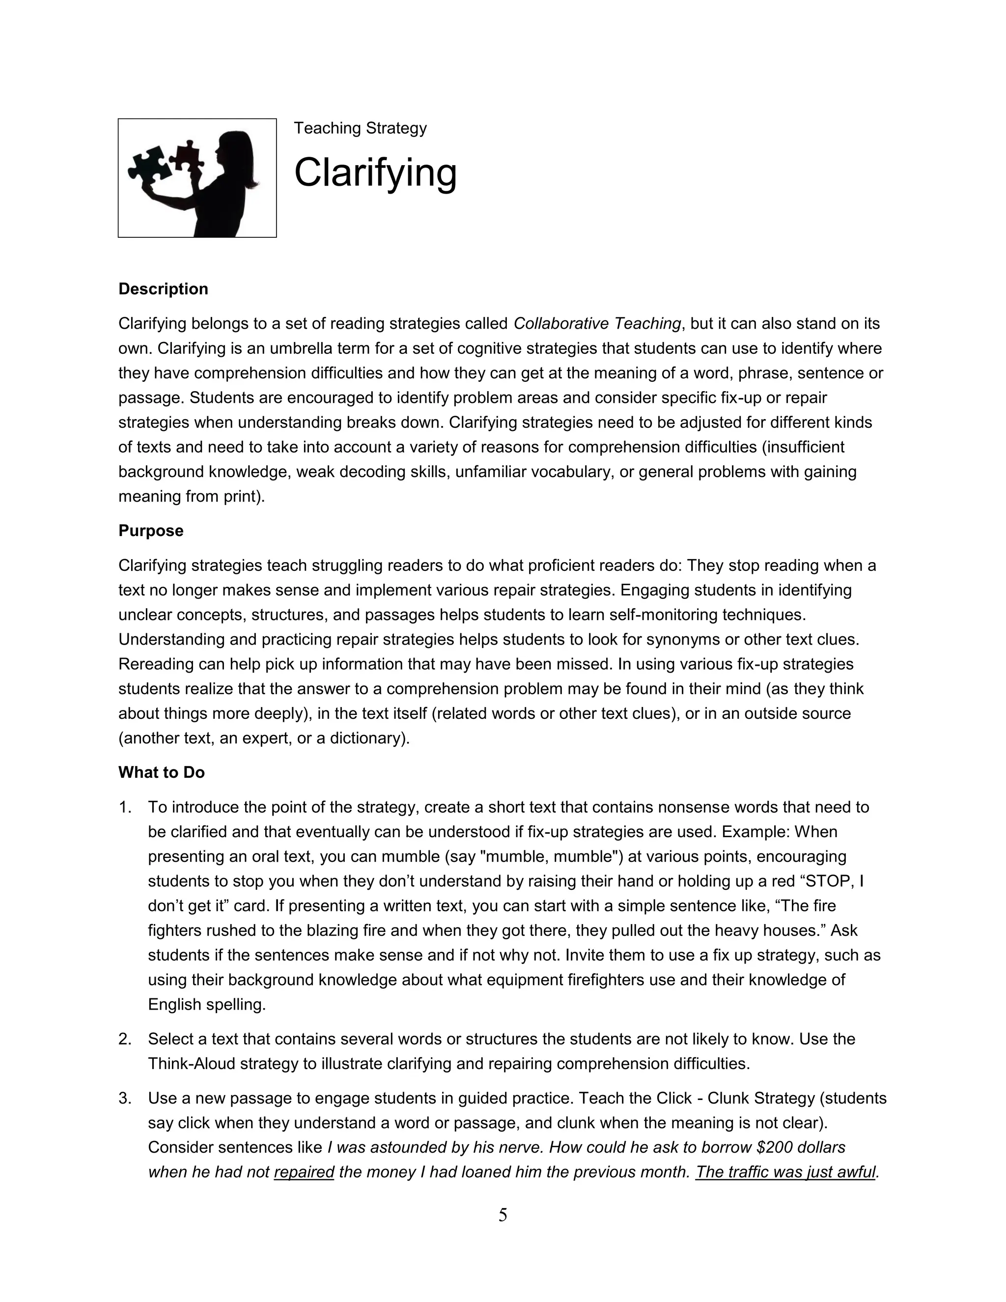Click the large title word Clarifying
point(375,173)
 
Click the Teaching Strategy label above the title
point(360,128)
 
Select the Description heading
point(163,289)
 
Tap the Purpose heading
point(151,531)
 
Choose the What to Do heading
point(162,773)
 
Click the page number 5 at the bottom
point(503,1215)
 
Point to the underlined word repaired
point(304,1172)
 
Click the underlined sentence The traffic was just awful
point(785,1172)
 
